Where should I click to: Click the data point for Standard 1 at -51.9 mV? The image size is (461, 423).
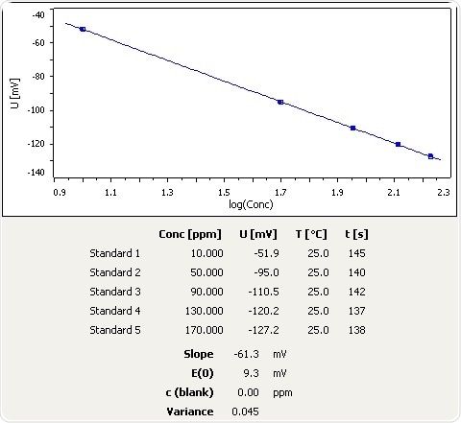tap(83, 29)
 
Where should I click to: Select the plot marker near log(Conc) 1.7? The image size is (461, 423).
tap(280, 102)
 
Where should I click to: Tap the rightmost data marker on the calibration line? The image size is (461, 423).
tap(430, 155)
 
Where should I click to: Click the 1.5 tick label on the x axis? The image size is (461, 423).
tap(223, 193)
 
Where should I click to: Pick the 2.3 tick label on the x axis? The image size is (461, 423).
tap(443, 193)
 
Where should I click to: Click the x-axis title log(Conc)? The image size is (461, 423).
tap(251, 204)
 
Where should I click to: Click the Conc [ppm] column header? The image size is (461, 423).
tap(190, 234)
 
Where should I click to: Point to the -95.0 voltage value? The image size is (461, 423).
tap(265, 272)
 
